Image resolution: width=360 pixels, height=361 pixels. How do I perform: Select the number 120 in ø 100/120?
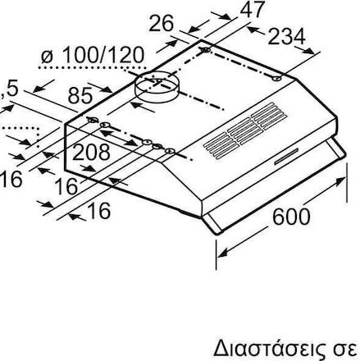pyautogui.click(x=123, y=56)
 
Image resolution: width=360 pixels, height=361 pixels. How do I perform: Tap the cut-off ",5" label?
pyautogui.click(x=10, y=85)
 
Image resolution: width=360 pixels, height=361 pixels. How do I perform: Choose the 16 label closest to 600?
pyautogui.click(x=97, y=212)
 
